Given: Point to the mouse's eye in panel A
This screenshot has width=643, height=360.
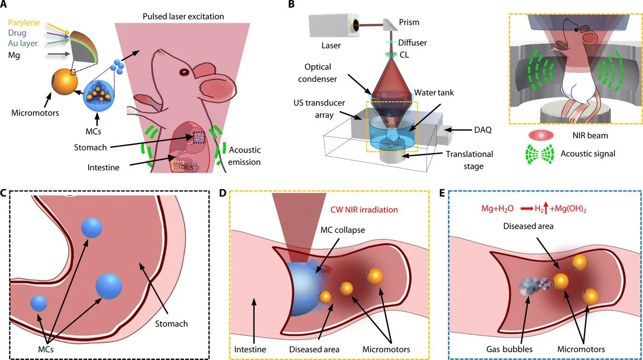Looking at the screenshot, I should (x=184, y=72).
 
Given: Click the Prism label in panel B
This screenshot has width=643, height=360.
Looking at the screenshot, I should (x=409, y=22).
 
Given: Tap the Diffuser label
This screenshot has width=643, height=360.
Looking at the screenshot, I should (x=412, y=43).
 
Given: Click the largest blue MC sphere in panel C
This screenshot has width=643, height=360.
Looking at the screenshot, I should (x=109, y=286).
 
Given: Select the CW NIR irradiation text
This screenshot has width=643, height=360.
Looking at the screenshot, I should (x=364, y=210).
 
